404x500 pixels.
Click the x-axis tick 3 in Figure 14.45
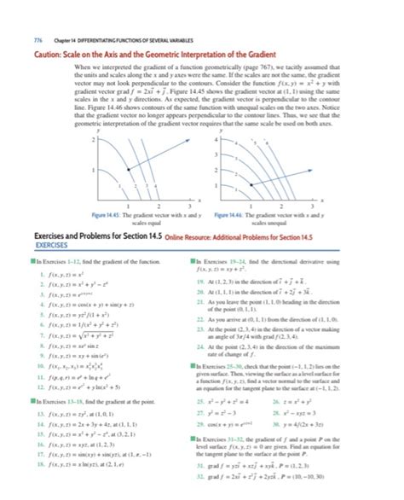tap(178, 206)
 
